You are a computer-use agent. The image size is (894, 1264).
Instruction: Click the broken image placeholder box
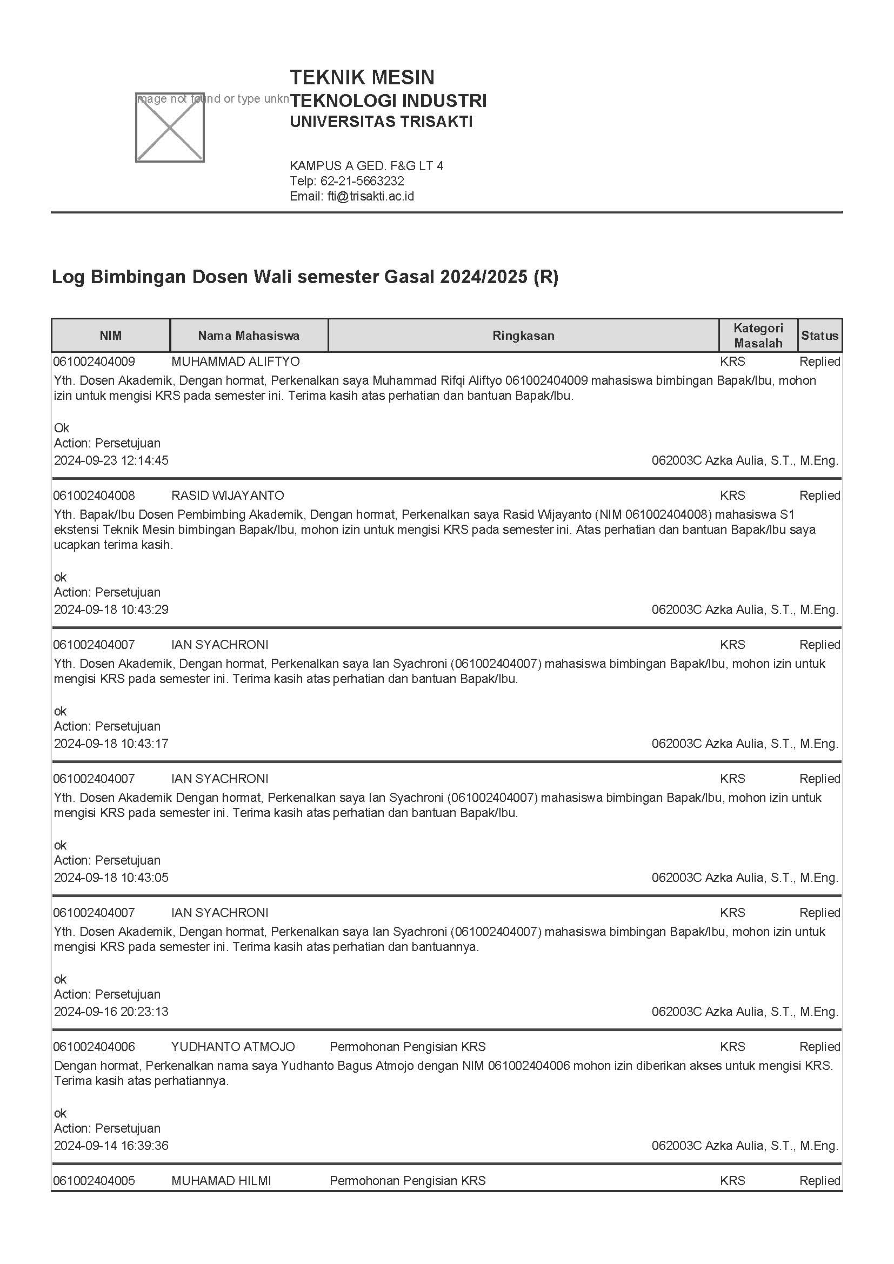click(170, 128)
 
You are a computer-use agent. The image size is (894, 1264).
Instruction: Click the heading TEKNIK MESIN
click(362, 77)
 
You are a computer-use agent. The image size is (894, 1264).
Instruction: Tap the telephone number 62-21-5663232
click(362, 181)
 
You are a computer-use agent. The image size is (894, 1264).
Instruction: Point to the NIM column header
click(111, 335)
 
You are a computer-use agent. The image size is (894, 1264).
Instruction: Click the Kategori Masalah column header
click(757, 335)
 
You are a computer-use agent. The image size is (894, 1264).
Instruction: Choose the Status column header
click(819, 335)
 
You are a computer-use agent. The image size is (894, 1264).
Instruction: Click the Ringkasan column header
click(523, 335)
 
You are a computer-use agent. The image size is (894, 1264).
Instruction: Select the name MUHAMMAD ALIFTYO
click(236, 362)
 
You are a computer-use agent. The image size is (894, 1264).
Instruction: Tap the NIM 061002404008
click(94, 496)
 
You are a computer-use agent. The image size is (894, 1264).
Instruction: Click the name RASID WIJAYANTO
click(228, 496)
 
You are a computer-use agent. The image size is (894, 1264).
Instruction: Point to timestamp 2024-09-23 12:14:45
click(111, 460)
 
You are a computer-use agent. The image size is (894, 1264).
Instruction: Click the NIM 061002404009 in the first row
click(94, 362)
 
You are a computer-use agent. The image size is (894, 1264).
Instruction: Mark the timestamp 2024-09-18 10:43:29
click(111, 610)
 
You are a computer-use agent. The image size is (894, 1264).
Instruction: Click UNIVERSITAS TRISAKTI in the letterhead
click(381, 122)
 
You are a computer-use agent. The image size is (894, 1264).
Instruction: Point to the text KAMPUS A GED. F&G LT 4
click(366, 166)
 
